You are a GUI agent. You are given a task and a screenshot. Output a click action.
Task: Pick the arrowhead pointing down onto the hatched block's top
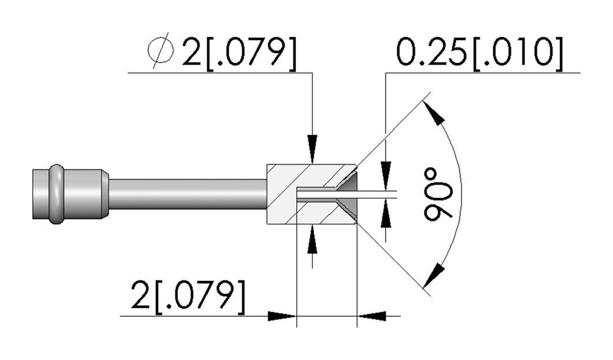(312, 149)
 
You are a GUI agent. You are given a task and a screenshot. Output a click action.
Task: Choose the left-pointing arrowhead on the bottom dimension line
(372, 316)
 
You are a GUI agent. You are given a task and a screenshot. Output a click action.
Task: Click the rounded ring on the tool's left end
(56, 194)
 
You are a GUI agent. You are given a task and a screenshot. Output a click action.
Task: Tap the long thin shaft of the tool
(187, 194)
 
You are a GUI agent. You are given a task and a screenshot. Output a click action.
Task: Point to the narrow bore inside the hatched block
(316, 194)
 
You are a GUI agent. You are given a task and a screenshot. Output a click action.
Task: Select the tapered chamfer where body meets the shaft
(105, 194)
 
